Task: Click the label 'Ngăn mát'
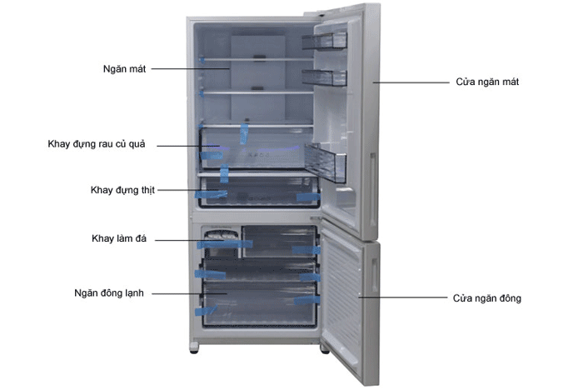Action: click(x=125, y=69)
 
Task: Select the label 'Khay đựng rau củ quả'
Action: click(x=97, y=144)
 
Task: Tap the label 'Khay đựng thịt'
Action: click(x=122, y=190)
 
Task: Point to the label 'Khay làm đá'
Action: click(x=119, y=238)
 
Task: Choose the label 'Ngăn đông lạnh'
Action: click(x=109, y=293)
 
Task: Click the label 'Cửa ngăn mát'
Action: click(x=487, y=82)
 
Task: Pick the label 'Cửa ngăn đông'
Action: click(x=486, y=298)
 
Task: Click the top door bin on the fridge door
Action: click(x=324, y=41)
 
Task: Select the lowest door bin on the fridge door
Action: click(x=326, y=162)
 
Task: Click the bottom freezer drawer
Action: click(x=259, y=304)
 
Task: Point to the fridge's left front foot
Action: click(x=194, y=348)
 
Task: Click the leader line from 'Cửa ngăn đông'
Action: click(x=402, y=297)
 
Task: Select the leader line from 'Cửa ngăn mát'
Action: click(x=411, y=82)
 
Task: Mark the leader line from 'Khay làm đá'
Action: click(x=189, y=240)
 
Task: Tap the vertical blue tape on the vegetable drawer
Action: click(x=244, y=133)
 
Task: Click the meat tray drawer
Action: click(x=259, y=192)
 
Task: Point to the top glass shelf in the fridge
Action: click(x=257, y=59)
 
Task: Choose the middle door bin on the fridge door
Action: click(x=324, y=77)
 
